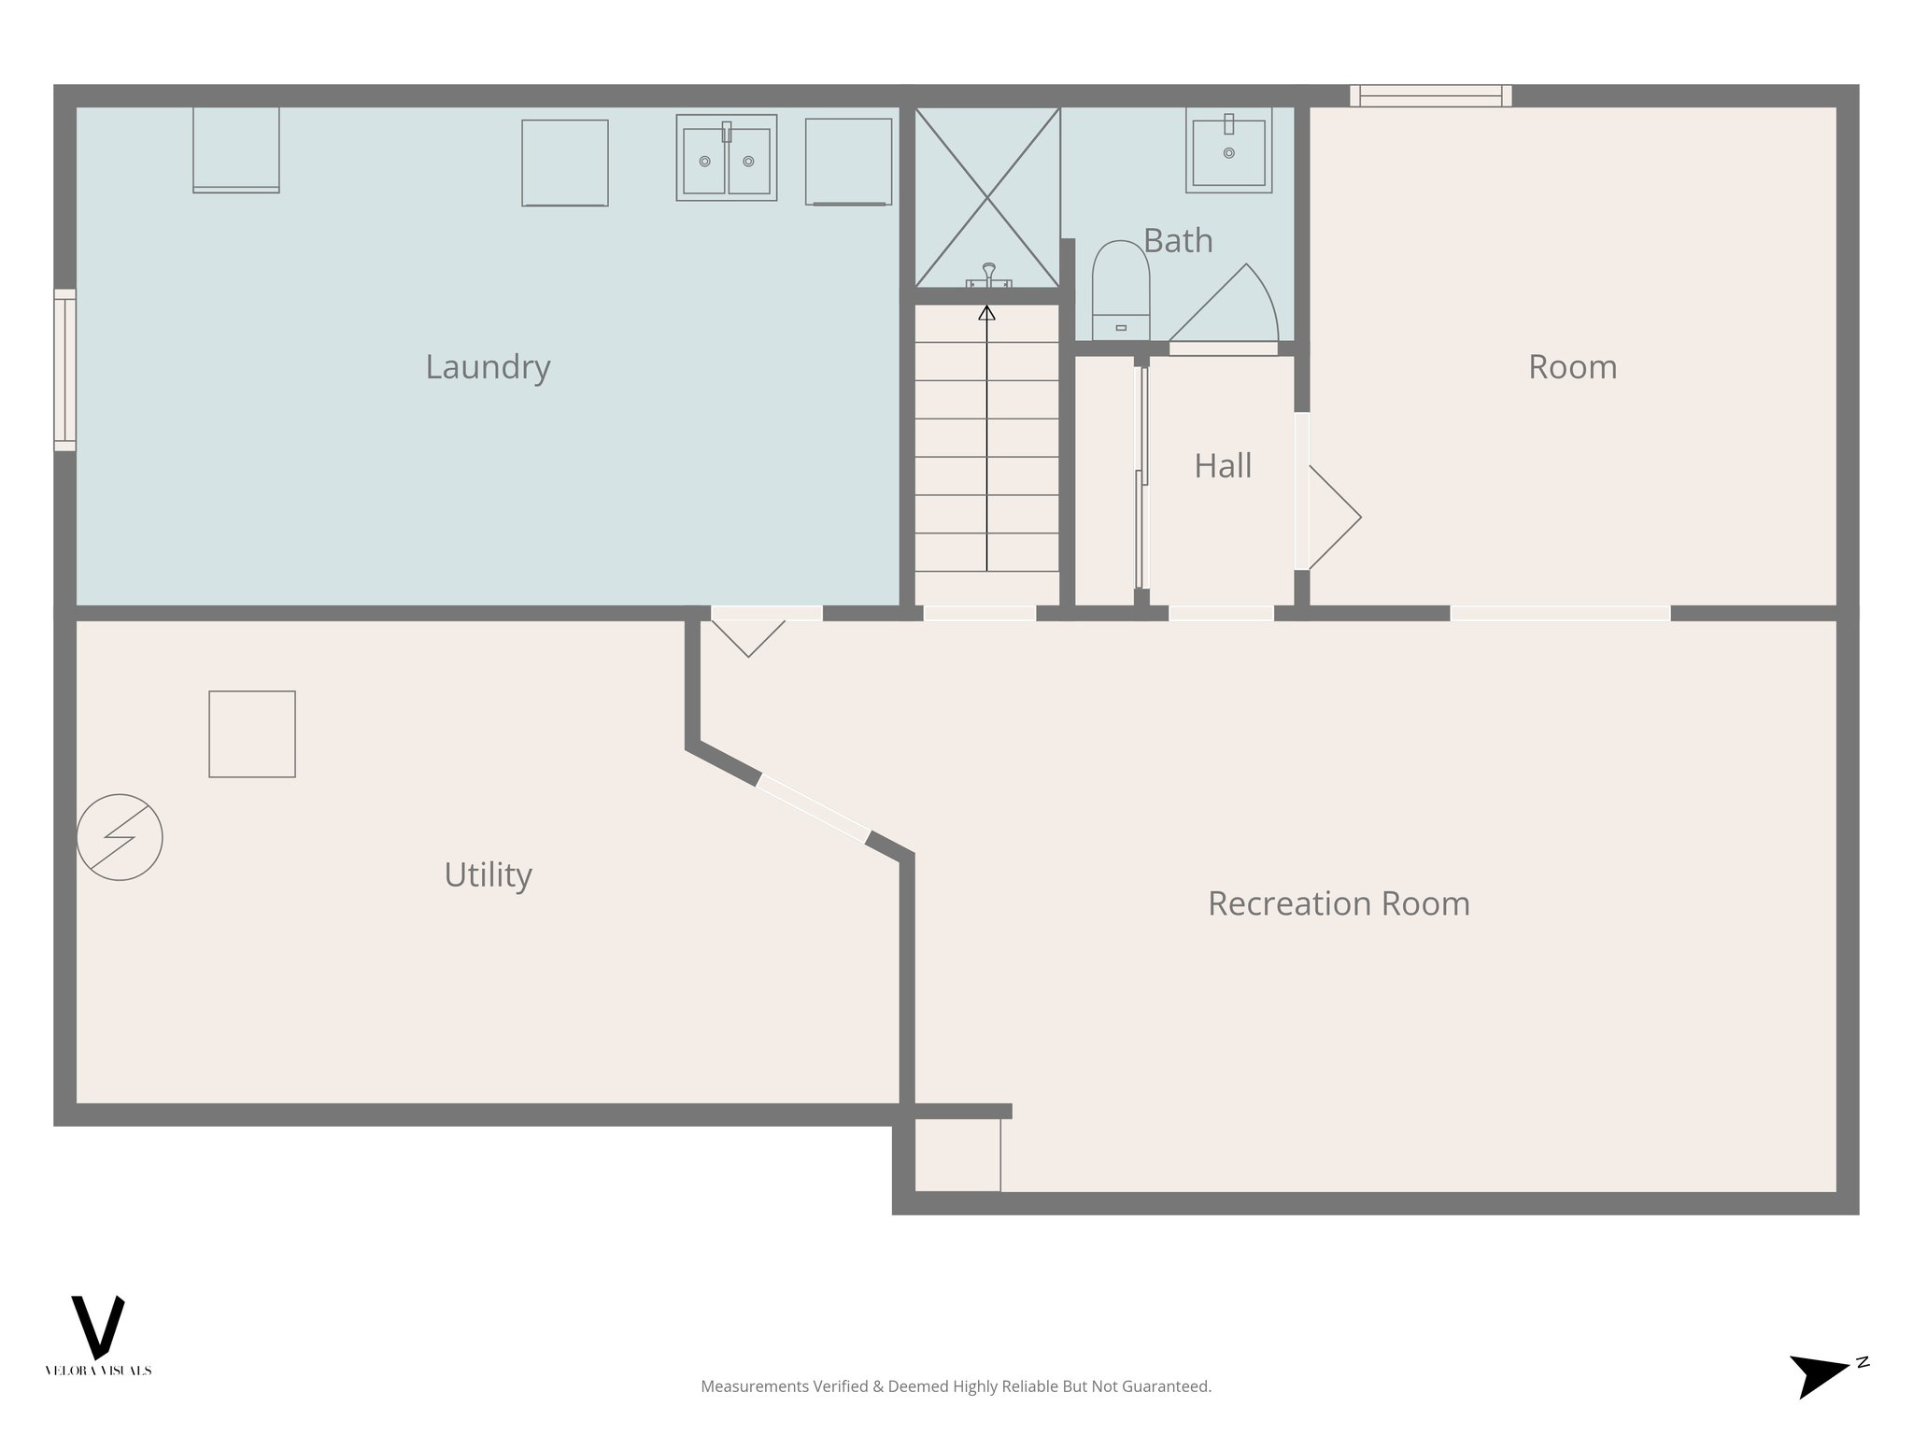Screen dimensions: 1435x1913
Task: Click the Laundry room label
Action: [x=488, y=366]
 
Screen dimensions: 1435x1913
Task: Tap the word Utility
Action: [x=488, y=875]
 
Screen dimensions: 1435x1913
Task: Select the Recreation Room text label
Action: [x=1339, y=903]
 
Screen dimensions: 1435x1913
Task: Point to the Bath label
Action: [x=1178, y=241]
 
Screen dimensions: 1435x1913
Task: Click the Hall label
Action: [x=1223, y=466]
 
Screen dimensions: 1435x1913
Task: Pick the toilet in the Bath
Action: [x=1120, y=291]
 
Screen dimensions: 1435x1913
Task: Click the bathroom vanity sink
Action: [x=1228, y=150]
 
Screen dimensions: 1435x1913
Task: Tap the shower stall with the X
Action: [x=987, y=197]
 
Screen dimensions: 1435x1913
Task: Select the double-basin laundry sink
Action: [x=727, y=158]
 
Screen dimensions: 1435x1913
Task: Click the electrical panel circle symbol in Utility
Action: [x=120, y=837]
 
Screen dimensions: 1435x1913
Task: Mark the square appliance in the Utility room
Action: [x=252, y=734]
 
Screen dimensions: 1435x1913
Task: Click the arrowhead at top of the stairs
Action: [x=986, y=314]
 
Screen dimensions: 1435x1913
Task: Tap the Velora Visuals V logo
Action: [x=98, y=1328]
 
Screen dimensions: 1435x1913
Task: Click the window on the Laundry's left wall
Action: [x=64, y=370]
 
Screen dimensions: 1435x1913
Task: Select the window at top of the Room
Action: [x=1430, y=95]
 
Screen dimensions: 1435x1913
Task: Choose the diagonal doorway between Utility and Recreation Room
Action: [x=814, y=809]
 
